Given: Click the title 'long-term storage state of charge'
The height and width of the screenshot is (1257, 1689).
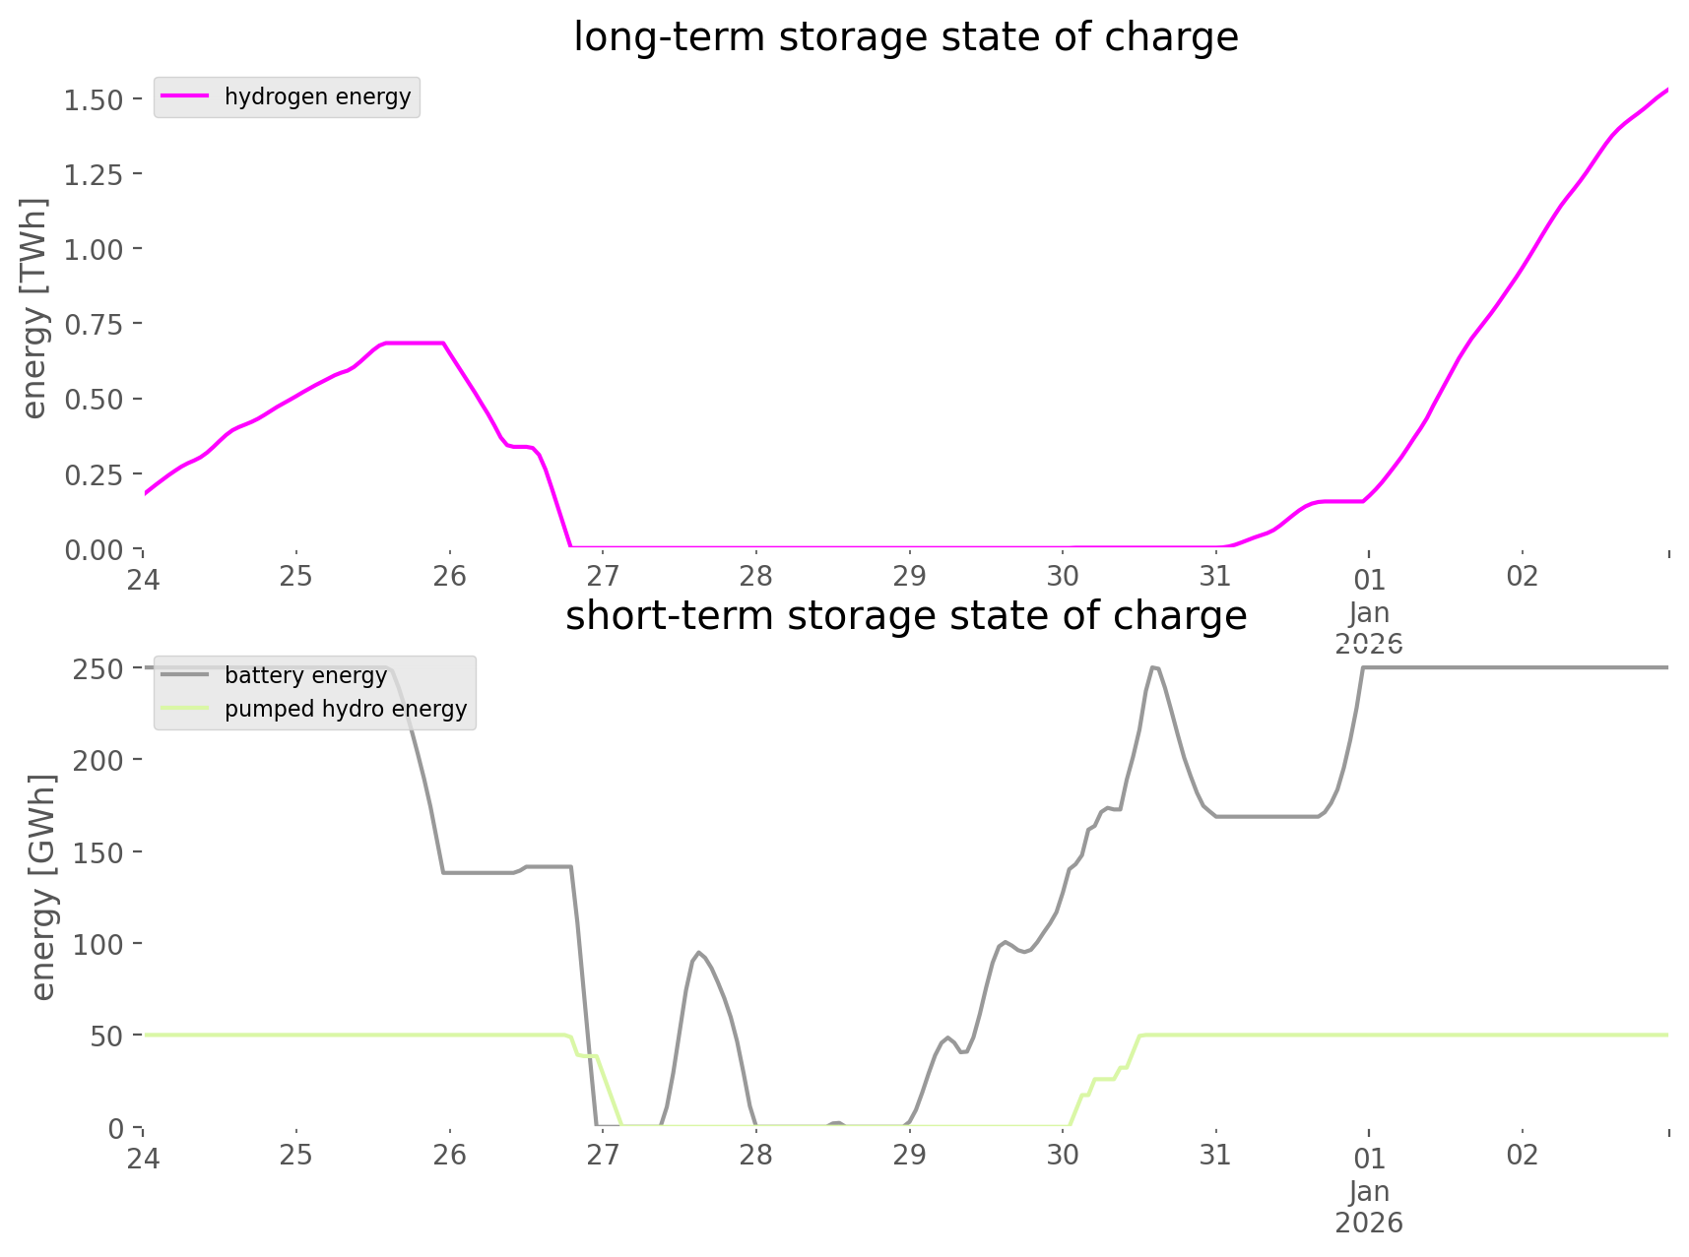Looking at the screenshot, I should [x=905, y=37].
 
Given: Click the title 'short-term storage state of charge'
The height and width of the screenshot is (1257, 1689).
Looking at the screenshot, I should [x=905, y=616].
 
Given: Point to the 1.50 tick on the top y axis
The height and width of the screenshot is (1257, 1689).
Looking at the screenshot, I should [x=94, y=99].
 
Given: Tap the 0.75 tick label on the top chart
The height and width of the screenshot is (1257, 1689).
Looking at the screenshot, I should [x=94, y=324].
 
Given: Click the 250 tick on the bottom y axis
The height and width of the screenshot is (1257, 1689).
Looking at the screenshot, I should [x=98, y=669].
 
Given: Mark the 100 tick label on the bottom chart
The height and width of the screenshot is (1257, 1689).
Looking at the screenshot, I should [x=98, y=944].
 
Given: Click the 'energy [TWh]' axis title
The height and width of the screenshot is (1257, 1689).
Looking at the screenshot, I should [x=33, y=308].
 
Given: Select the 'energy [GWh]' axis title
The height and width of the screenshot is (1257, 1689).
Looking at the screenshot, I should [x=43, y=887].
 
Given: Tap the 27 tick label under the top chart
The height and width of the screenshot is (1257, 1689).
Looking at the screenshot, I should [x=603, y=576].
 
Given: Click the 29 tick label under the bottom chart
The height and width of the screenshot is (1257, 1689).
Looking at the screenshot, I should [x=909, y=1155].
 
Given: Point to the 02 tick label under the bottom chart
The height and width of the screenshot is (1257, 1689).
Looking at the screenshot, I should [x=1522, y=1155].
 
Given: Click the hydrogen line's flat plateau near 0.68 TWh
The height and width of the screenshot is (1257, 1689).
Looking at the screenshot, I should [x=414, y=343].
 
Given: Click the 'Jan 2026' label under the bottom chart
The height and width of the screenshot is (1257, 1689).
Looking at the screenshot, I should [x=1369, y=1207].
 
